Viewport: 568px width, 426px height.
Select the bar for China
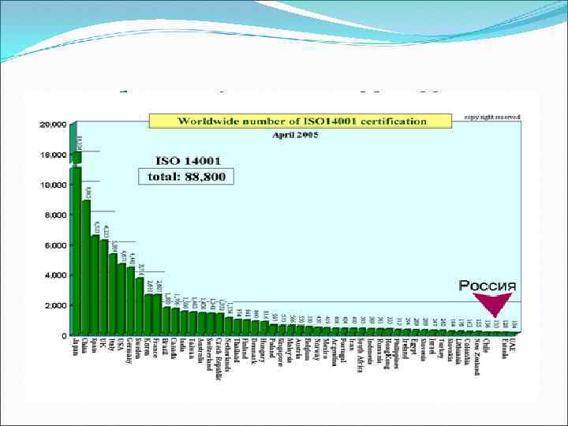(86, 268)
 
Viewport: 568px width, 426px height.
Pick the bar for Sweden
(140, 307)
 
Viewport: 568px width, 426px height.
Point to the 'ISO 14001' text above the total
(187, 159)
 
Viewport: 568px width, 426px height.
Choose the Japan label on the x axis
(77, 347)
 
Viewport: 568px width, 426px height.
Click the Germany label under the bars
(130, 351)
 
